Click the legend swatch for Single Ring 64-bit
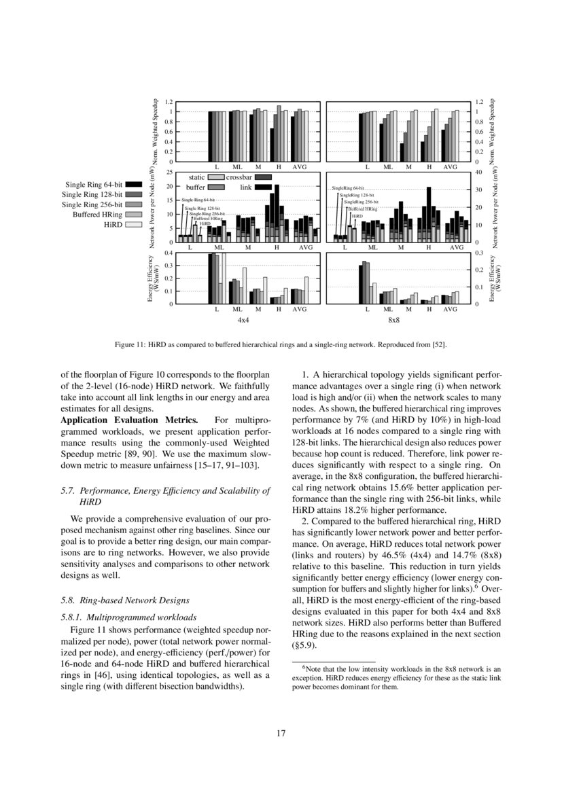(134, 184)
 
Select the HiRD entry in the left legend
(113, 223)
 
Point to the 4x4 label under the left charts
(243, 319)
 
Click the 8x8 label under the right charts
(393, 319)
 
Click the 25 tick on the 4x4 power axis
(170, 173)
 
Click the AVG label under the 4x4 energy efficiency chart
(300, 309)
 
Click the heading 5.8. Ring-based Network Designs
(124, 601)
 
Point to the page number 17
(281, 733)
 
